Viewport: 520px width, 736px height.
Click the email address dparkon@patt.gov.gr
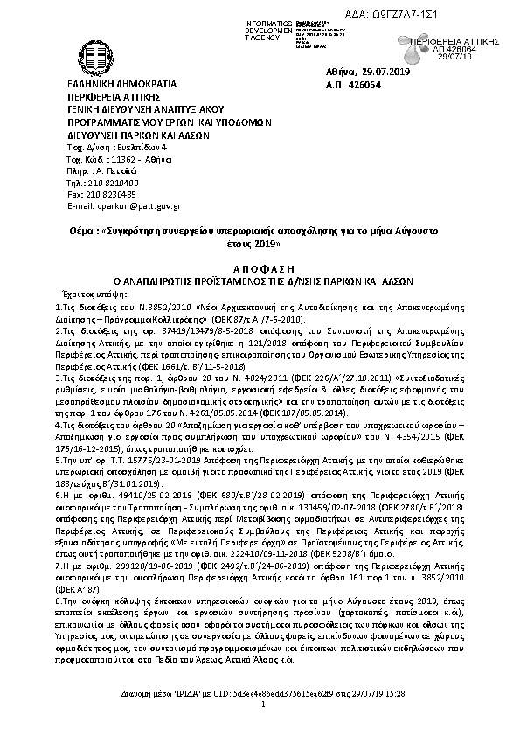pyautogui.click(x=135, y=205)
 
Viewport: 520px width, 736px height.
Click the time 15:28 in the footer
pyautogui.click(x=397, y=716)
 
